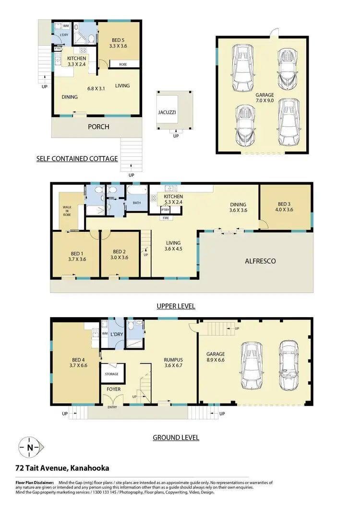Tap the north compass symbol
point(31,448)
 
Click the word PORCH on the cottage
point(98,127)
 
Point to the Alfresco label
point(260,261)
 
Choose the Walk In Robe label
point(67,211)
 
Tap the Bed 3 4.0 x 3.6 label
point(284,205)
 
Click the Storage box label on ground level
point(112,374)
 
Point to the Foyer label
point(113,389)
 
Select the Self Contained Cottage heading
point(77,158)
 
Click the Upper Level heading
point(176,306)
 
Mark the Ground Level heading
point(176,437)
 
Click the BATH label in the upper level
point(137,203)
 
